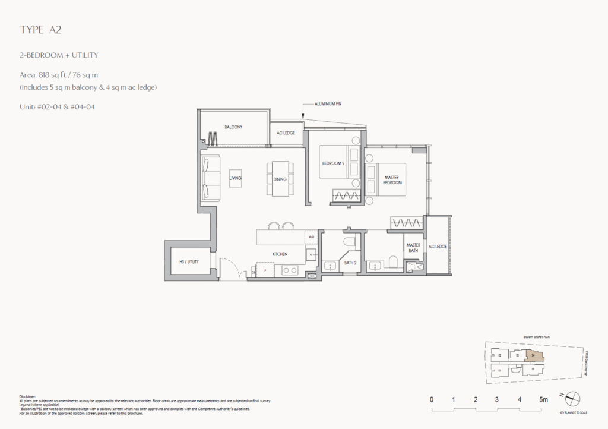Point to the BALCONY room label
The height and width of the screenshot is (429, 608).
(233, 127)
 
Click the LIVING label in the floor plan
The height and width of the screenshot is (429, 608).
(236, 178)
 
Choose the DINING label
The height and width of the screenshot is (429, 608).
(280, 179)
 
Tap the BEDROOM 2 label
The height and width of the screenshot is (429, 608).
(333, 163)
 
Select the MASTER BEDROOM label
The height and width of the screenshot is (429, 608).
(392, 179)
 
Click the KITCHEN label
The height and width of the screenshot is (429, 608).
(280, 254)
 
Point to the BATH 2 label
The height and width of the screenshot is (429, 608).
(350, 262)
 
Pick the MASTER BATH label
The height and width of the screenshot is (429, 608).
(413, 248)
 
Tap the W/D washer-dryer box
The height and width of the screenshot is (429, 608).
(312, 236)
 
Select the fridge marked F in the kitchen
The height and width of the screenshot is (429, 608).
(264, 270)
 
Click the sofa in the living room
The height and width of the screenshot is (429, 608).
(210, 178)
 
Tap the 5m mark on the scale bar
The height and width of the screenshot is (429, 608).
(543, 400)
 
